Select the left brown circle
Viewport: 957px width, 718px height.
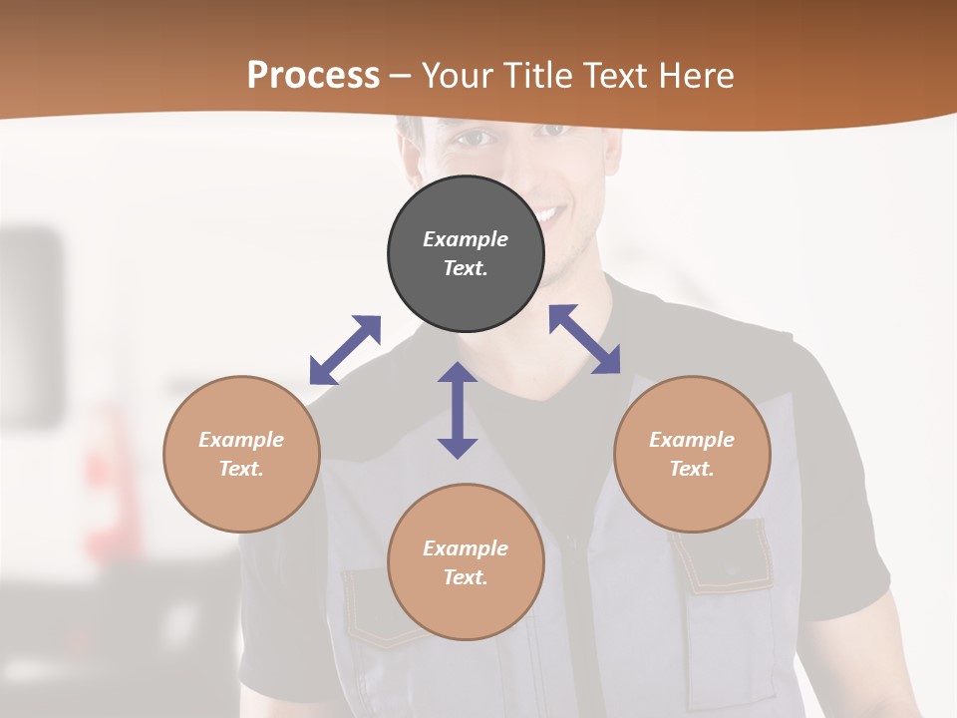pos(241,454)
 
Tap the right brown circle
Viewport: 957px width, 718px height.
pos(692,454)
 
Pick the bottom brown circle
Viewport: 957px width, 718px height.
pos(466,562)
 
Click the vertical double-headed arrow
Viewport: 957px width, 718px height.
pos(458,410)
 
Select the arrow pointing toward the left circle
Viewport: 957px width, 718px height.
pos(345,350)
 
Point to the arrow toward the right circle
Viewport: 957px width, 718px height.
pos(585,339)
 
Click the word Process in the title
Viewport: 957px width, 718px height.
pos(313,75)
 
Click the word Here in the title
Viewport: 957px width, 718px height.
pos(695,75)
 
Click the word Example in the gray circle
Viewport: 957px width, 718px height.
pos(466,239)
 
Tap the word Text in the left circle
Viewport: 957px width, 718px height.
pos(241,469)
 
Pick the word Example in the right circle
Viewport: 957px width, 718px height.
pos(692,440)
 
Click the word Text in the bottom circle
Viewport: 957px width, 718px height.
pos(466,577)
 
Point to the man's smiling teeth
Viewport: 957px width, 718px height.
pos(548,214)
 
